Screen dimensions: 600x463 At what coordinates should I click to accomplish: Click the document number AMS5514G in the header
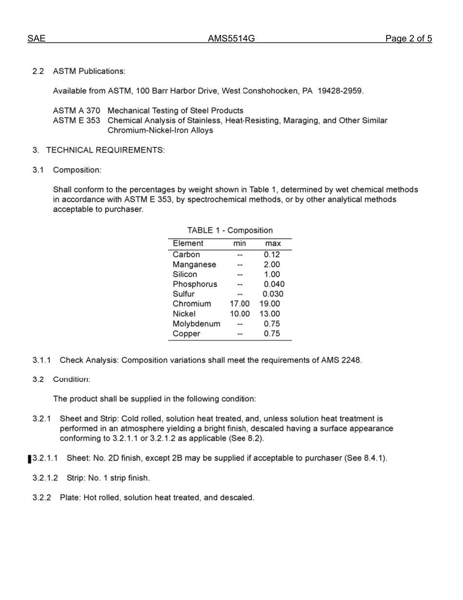point(231,39)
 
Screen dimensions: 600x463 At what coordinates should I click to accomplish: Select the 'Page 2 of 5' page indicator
point(408,39)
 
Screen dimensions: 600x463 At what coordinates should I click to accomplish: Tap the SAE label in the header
point(37,39)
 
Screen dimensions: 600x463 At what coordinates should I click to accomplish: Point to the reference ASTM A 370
point(77,111)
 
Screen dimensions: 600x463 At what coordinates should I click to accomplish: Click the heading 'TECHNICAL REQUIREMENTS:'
point(105,150)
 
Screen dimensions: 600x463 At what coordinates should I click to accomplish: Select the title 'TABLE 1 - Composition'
point(230,230)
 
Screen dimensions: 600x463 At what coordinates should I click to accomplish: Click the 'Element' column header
point(188,243)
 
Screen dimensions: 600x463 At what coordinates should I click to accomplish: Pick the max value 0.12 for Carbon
point(271,255)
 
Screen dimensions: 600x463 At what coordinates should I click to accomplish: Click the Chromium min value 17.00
point(239,304)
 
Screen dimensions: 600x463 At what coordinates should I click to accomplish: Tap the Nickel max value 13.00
point(270,314)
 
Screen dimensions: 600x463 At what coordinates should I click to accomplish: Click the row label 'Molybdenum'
point(196,324)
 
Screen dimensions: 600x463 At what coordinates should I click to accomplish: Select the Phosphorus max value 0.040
point(274,284)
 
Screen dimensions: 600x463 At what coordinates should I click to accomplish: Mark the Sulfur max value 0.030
point(273,294)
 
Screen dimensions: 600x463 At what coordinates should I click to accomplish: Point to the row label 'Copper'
point(186,334)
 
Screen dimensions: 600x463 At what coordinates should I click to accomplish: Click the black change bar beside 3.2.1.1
point(30,459)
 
